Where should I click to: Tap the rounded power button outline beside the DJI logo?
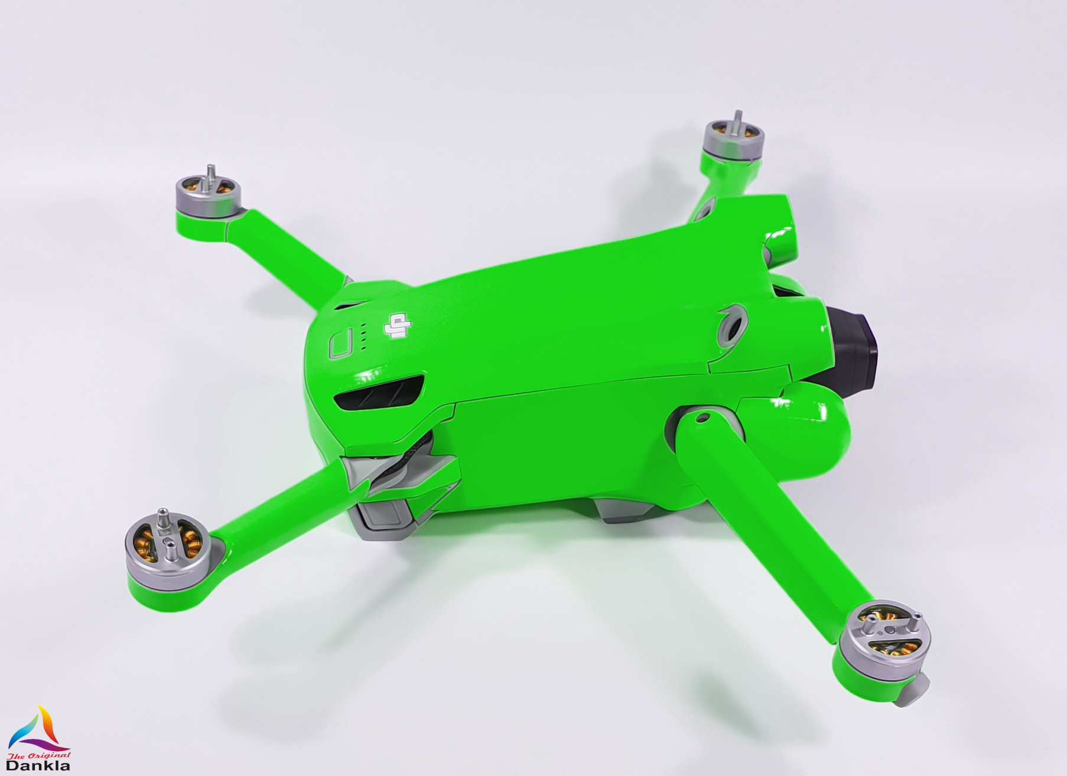(x=341, y=343)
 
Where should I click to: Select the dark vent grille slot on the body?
(x=380, y=392)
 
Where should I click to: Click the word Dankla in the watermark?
(x=38, y=765)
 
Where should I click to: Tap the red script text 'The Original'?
(x=38, y=755)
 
